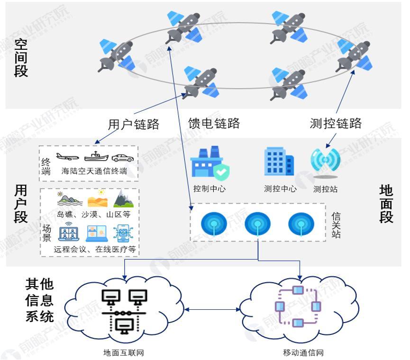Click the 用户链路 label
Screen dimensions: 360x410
tap(134, 124)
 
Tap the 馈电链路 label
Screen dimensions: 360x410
tap(214, 124)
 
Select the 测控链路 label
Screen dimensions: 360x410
tap(336, 124)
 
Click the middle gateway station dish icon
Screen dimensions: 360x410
tap(258, 224)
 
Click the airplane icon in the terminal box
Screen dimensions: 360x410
tap(67, 156)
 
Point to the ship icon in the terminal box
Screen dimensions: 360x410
tap(96, 156)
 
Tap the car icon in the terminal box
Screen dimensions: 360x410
tap(122, 157)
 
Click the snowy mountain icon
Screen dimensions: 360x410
tap(123, 199)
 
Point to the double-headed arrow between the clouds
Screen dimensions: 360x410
tap(212, 310)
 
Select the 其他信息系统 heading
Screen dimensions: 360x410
tap(39, 301)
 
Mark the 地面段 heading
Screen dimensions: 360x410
tap(386, 204)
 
